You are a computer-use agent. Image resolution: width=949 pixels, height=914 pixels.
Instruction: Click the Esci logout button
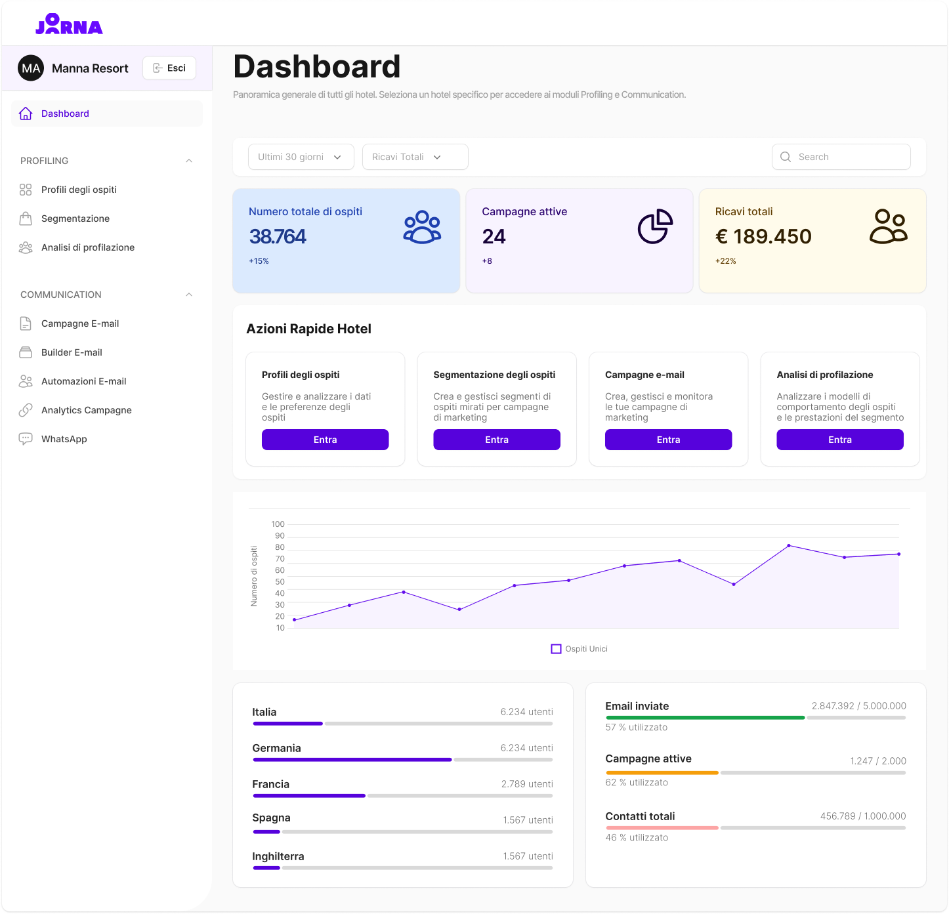coord(169,68)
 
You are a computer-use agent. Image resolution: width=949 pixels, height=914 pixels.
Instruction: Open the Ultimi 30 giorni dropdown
coord(301,157)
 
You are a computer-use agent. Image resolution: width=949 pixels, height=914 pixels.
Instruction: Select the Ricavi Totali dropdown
coord(415,157)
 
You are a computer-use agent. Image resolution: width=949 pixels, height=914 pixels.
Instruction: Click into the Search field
coord(847,157)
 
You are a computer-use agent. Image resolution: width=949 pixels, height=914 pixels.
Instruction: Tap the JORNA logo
coord(69,25)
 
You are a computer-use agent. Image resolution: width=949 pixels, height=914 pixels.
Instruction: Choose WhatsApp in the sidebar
coord(64,439)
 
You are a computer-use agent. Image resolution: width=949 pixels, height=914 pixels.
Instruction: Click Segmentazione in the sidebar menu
coord(75,218)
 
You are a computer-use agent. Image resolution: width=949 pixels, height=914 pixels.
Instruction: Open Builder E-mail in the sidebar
coord(72,352)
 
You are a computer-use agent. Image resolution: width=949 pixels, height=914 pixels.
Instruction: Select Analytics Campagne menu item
coord(86,410)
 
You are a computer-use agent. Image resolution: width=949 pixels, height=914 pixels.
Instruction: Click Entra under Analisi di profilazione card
coord(839,440)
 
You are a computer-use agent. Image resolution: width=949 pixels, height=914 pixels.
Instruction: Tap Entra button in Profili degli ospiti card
coord(325,440)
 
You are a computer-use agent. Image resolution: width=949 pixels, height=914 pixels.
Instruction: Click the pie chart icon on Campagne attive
coord(655,227)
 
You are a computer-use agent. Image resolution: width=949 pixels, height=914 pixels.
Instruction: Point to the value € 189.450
coord(763,236)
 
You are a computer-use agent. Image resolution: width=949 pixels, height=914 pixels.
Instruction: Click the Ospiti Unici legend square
coord(556,649)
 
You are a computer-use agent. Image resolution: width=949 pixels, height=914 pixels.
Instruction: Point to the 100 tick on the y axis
coord(278,524)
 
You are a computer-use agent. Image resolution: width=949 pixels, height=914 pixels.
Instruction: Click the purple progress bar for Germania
coord(352,760)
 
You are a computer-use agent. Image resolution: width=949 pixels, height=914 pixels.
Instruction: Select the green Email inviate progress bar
coord(705,718)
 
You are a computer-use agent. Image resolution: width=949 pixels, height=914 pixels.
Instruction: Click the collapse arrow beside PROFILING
coord(189,161)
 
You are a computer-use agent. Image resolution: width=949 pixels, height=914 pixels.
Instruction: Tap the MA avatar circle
coord(31,68)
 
